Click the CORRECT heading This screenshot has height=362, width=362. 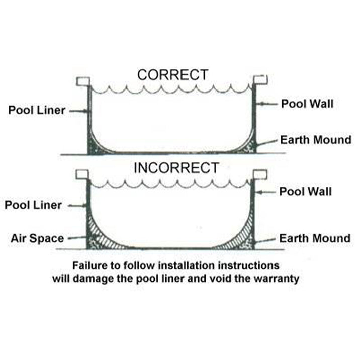coord(172,75)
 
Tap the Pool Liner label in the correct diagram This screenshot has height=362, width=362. coord(37,110)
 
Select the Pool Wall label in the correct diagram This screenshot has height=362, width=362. coord(307,104)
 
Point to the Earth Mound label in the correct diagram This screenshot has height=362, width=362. coord(316,139)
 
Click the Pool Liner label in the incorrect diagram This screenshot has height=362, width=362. coord(33,205)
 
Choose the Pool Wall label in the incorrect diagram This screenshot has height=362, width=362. coord(306,192)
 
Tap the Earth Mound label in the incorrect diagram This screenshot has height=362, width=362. coord(315,238)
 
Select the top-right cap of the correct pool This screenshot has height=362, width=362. coord(260,80)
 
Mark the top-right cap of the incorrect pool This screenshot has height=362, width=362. coord(260,174)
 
